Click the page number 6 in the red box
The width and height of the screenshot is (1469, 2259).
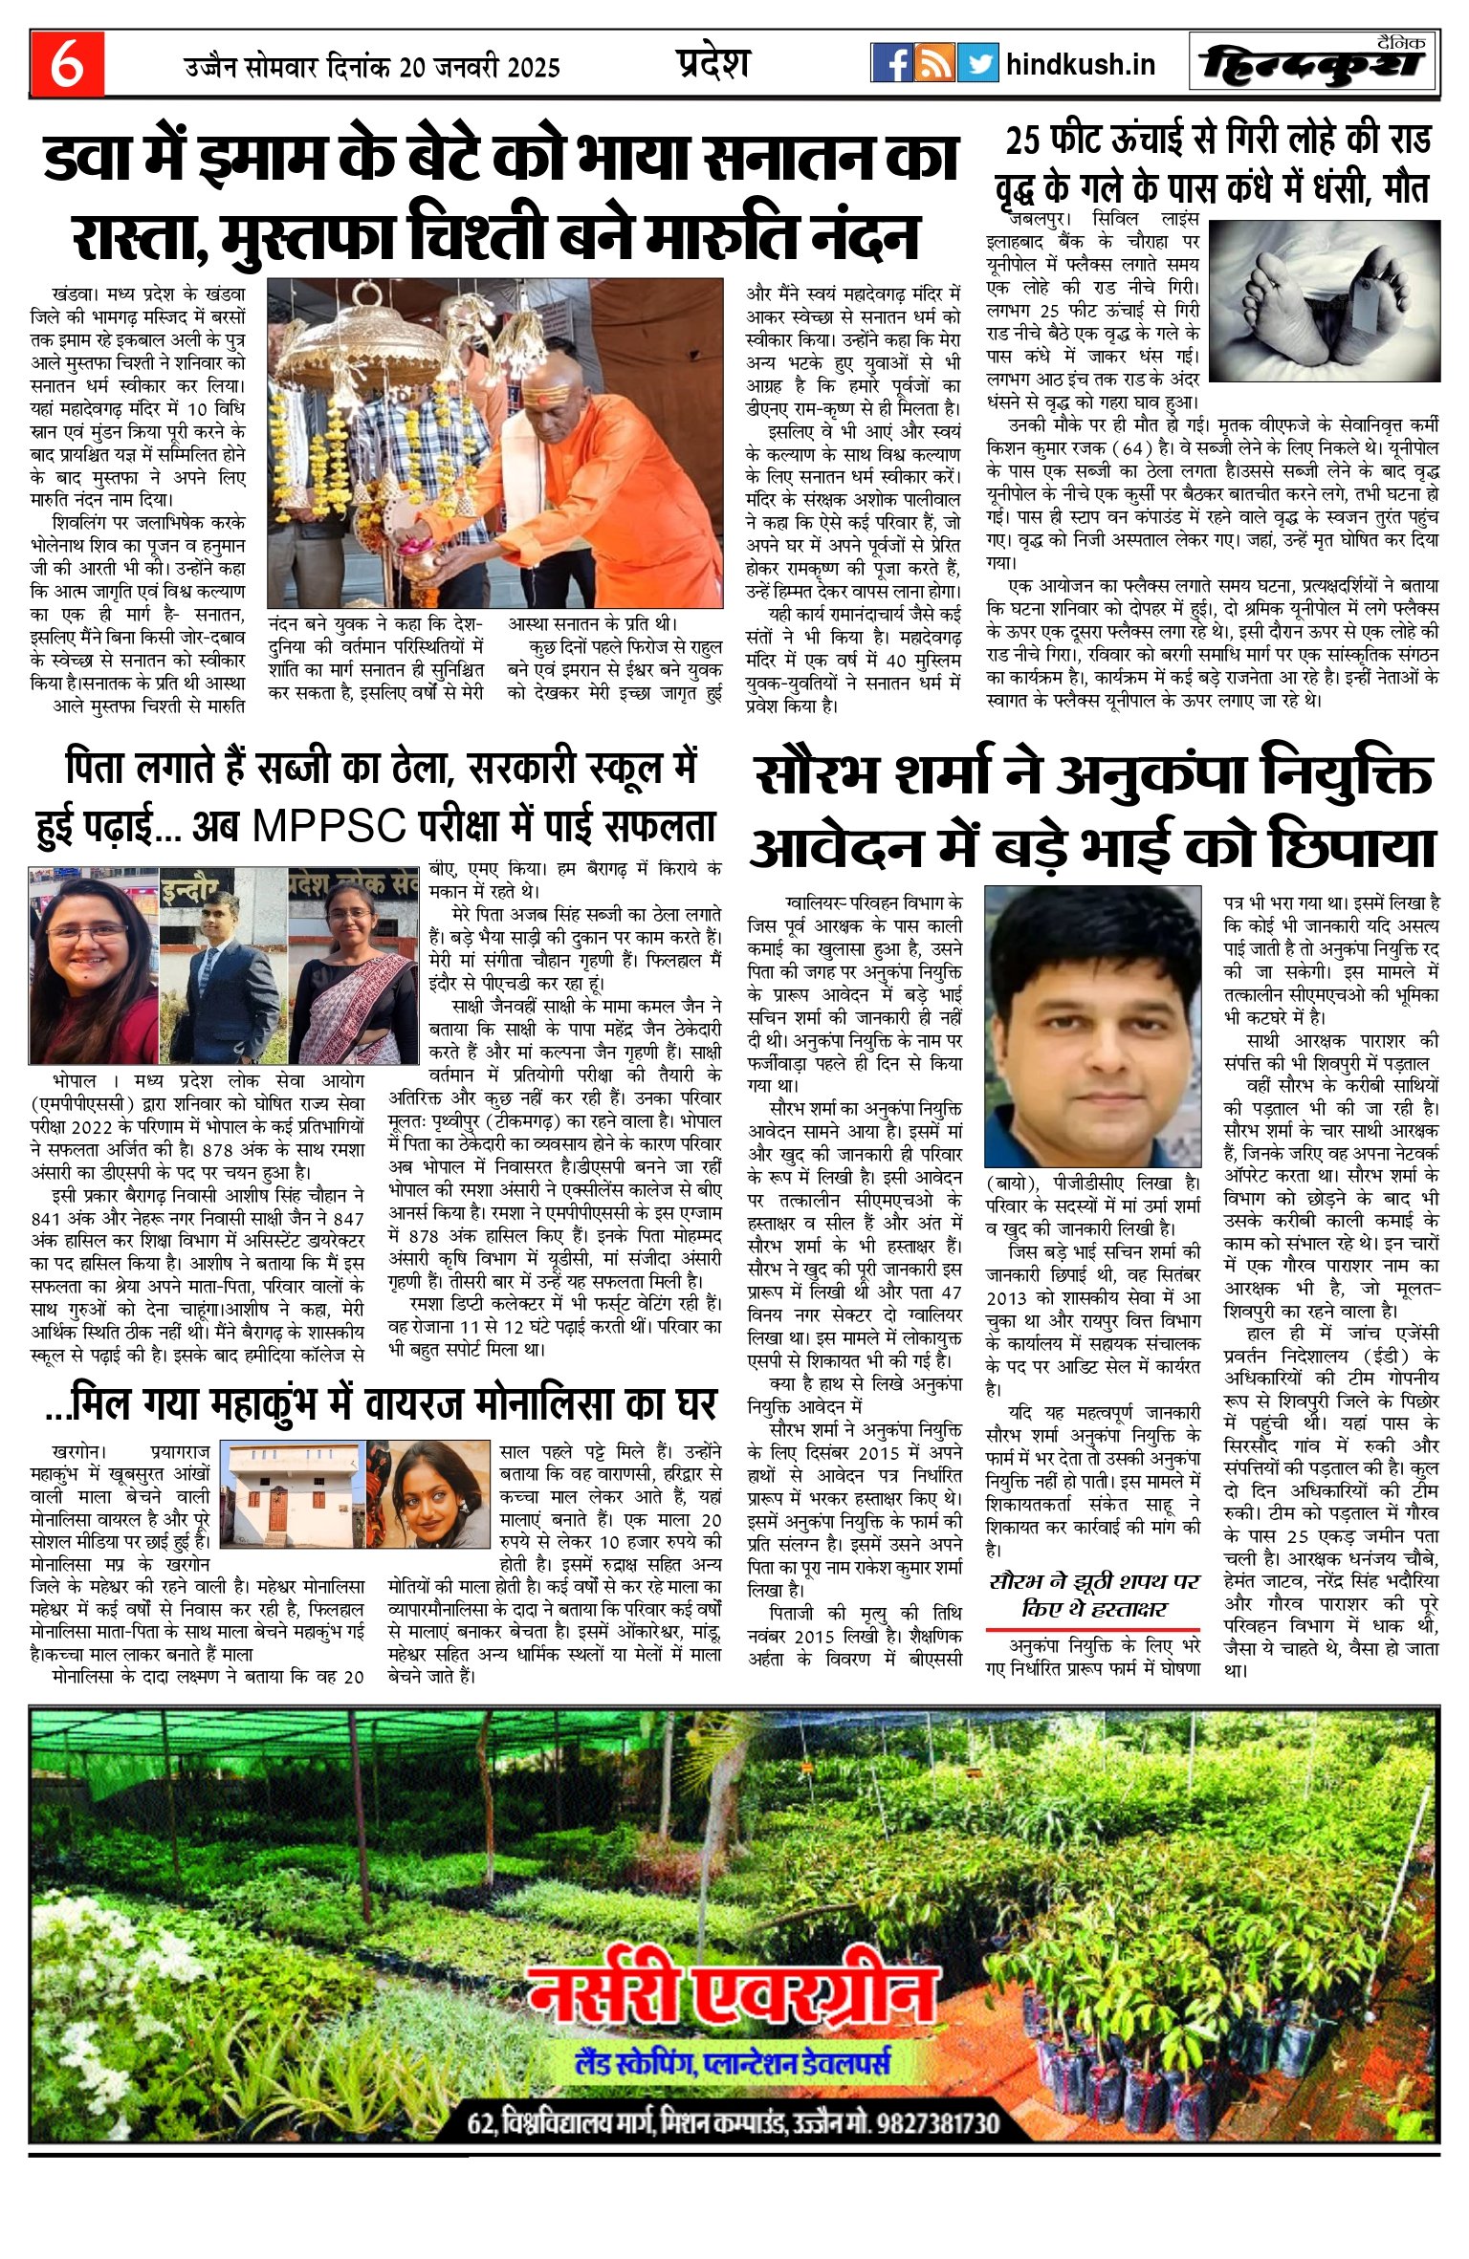click(x=67, y=64)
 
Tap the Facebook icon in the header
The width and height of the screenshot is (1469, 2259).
click(x=891, y=63)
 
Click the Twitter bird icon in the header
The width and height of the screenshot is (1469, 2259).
click(x=977, y=63)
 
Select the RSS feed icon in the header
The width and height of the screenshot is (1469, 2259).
click(x=934, y=63)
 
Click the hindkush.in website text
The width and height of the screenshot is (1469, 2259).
click(x=1081, y=64)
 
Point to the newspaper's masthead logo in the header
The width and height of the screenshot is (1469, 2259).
click(x=1316, y=65)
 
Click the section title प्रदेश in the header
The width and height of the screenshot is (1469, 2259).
click(x=713, y=63)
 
